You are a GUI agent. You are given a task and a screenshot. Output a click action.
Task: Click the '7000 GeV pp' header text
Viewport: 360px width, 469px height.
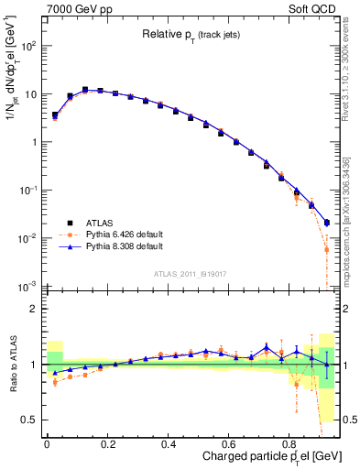[73, 8]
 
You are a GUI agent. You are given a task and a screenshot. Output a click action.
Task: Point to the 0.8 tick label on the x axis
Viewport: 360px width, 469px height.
[289, 442]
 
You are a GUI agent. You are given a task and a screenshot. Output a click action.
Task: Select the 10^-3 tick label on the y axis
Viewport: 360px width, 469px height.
[27, 287]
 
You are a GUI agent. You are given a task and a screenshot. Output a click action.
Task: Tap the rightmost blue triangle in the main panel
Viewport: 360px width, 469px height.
[327, 223]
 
